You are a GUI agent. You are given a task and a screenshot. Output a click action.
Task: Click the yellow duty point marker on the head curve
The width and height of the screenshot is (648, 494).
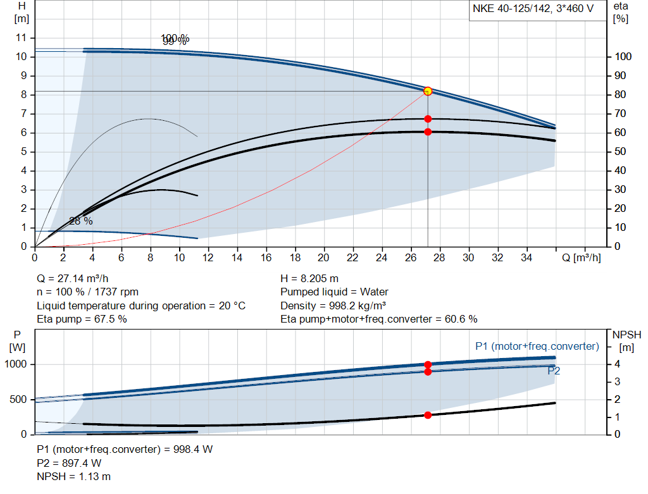[428, 91]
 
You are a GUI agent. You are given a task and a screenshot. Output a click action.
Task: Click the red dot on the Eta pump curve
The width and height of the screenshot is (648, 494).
[428, 119]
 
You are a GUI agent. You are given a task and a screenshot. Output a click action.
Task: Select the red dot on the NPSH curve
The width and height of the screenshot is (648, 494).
[428, 415]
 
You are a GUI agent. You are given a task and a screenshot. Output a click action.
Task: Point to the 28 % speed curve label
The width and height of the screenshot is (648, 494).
[80, 221]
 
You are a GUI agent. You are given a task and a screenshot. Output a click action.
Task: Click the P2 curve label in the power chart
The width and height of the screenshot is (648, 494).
[554, 371]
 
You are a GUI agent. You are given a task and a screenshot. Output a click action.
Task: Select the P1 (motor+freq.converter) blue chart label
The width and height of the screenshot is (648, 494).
[537, 346]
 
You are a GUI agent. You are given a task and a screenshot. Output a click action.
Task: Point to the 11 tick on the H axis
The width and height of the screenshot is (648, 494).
[22, 38]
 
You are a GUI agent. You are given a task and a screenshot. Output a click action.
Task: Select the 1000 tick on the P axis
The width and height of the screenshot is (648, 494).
[16, 364]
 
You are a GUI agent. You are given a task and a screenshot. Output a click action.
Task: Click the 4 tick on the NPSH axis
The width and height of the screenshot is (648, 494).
[616, 364]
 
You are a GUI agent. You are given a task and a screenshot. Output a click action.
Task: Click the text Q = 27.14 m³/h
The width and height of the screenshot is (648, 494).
[77, 278]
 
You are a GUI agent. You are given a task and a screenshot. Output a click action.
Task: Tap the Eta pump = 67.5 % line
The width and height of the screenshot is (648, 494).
[82, 319]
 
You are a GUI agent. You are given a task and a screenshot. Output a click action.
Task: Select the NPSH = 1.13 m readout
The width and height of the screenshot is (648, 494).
[73, 476]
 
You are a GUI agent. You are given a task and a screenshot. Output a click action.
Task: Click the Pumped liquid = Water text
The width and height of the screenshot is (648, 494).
[334, 292]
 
